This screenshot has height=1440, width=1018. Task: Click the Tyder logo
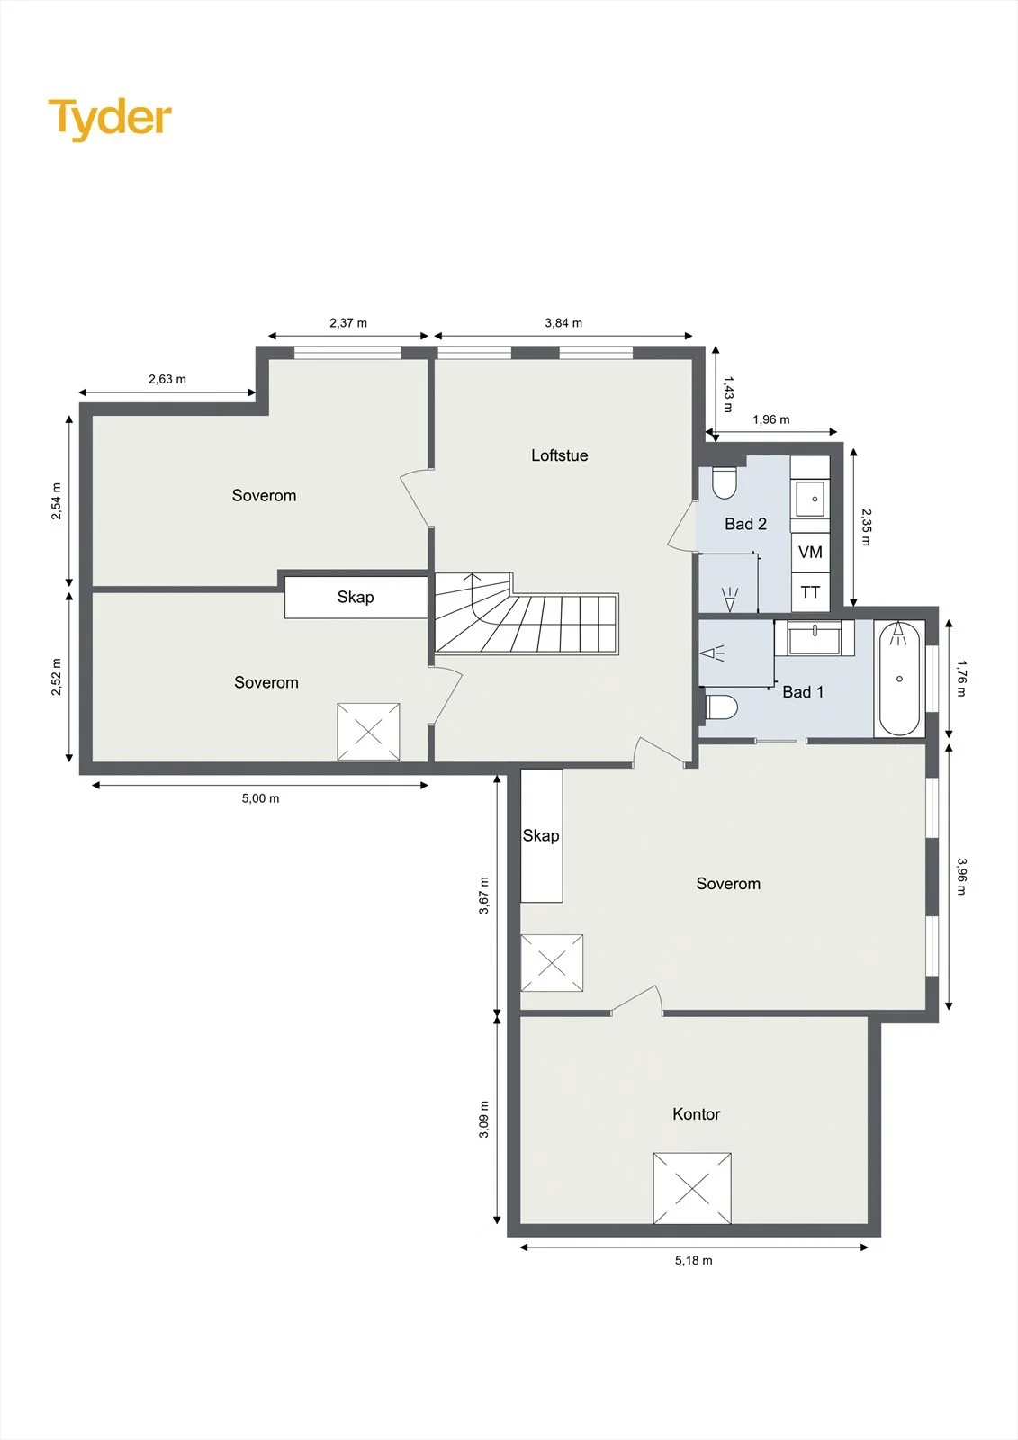tap(110, 120)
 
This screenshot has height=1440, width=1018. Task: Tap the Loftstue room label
tap(560, 455)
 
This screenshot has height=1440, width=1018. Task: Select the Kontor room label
tap(696, 1114)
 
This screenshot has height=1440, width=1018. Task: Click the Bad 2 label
tap(745, 524)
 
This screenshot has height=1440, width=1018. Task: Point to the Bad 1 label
tap(803, 692)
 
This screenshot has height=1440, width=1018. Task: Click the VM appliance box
tap(810, 553)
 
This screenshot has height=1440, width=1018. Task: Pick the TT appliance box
tap(810, 591)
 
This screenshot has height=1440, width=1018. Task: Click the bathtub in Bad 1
tap(899, 679)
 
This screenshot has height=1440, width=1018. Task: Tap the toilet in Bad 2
tap(724, 482)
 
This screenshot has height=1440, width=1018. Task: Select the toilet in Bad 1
tap(721, 707)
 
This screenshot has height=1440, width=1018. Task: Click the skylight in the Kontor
tap(692, 1189)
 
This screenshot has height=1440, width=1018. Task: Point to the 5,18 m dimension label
tap(693, 1261)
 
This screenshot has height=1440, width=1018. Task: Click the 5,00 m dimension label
tap(260, 798)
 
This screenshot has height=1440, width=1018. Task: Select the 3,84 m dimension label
tap(563, 323)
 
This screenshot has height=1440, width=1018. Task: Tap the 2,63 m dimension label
tap(167, 379)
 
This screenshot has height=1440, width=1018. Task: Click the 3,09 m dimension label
tap(483, 1120)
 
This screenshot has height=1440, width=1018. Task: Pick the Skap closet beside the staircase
tap(356, 598)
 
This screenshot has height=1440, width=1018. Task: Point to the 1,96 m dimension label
tap(771, 419)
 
